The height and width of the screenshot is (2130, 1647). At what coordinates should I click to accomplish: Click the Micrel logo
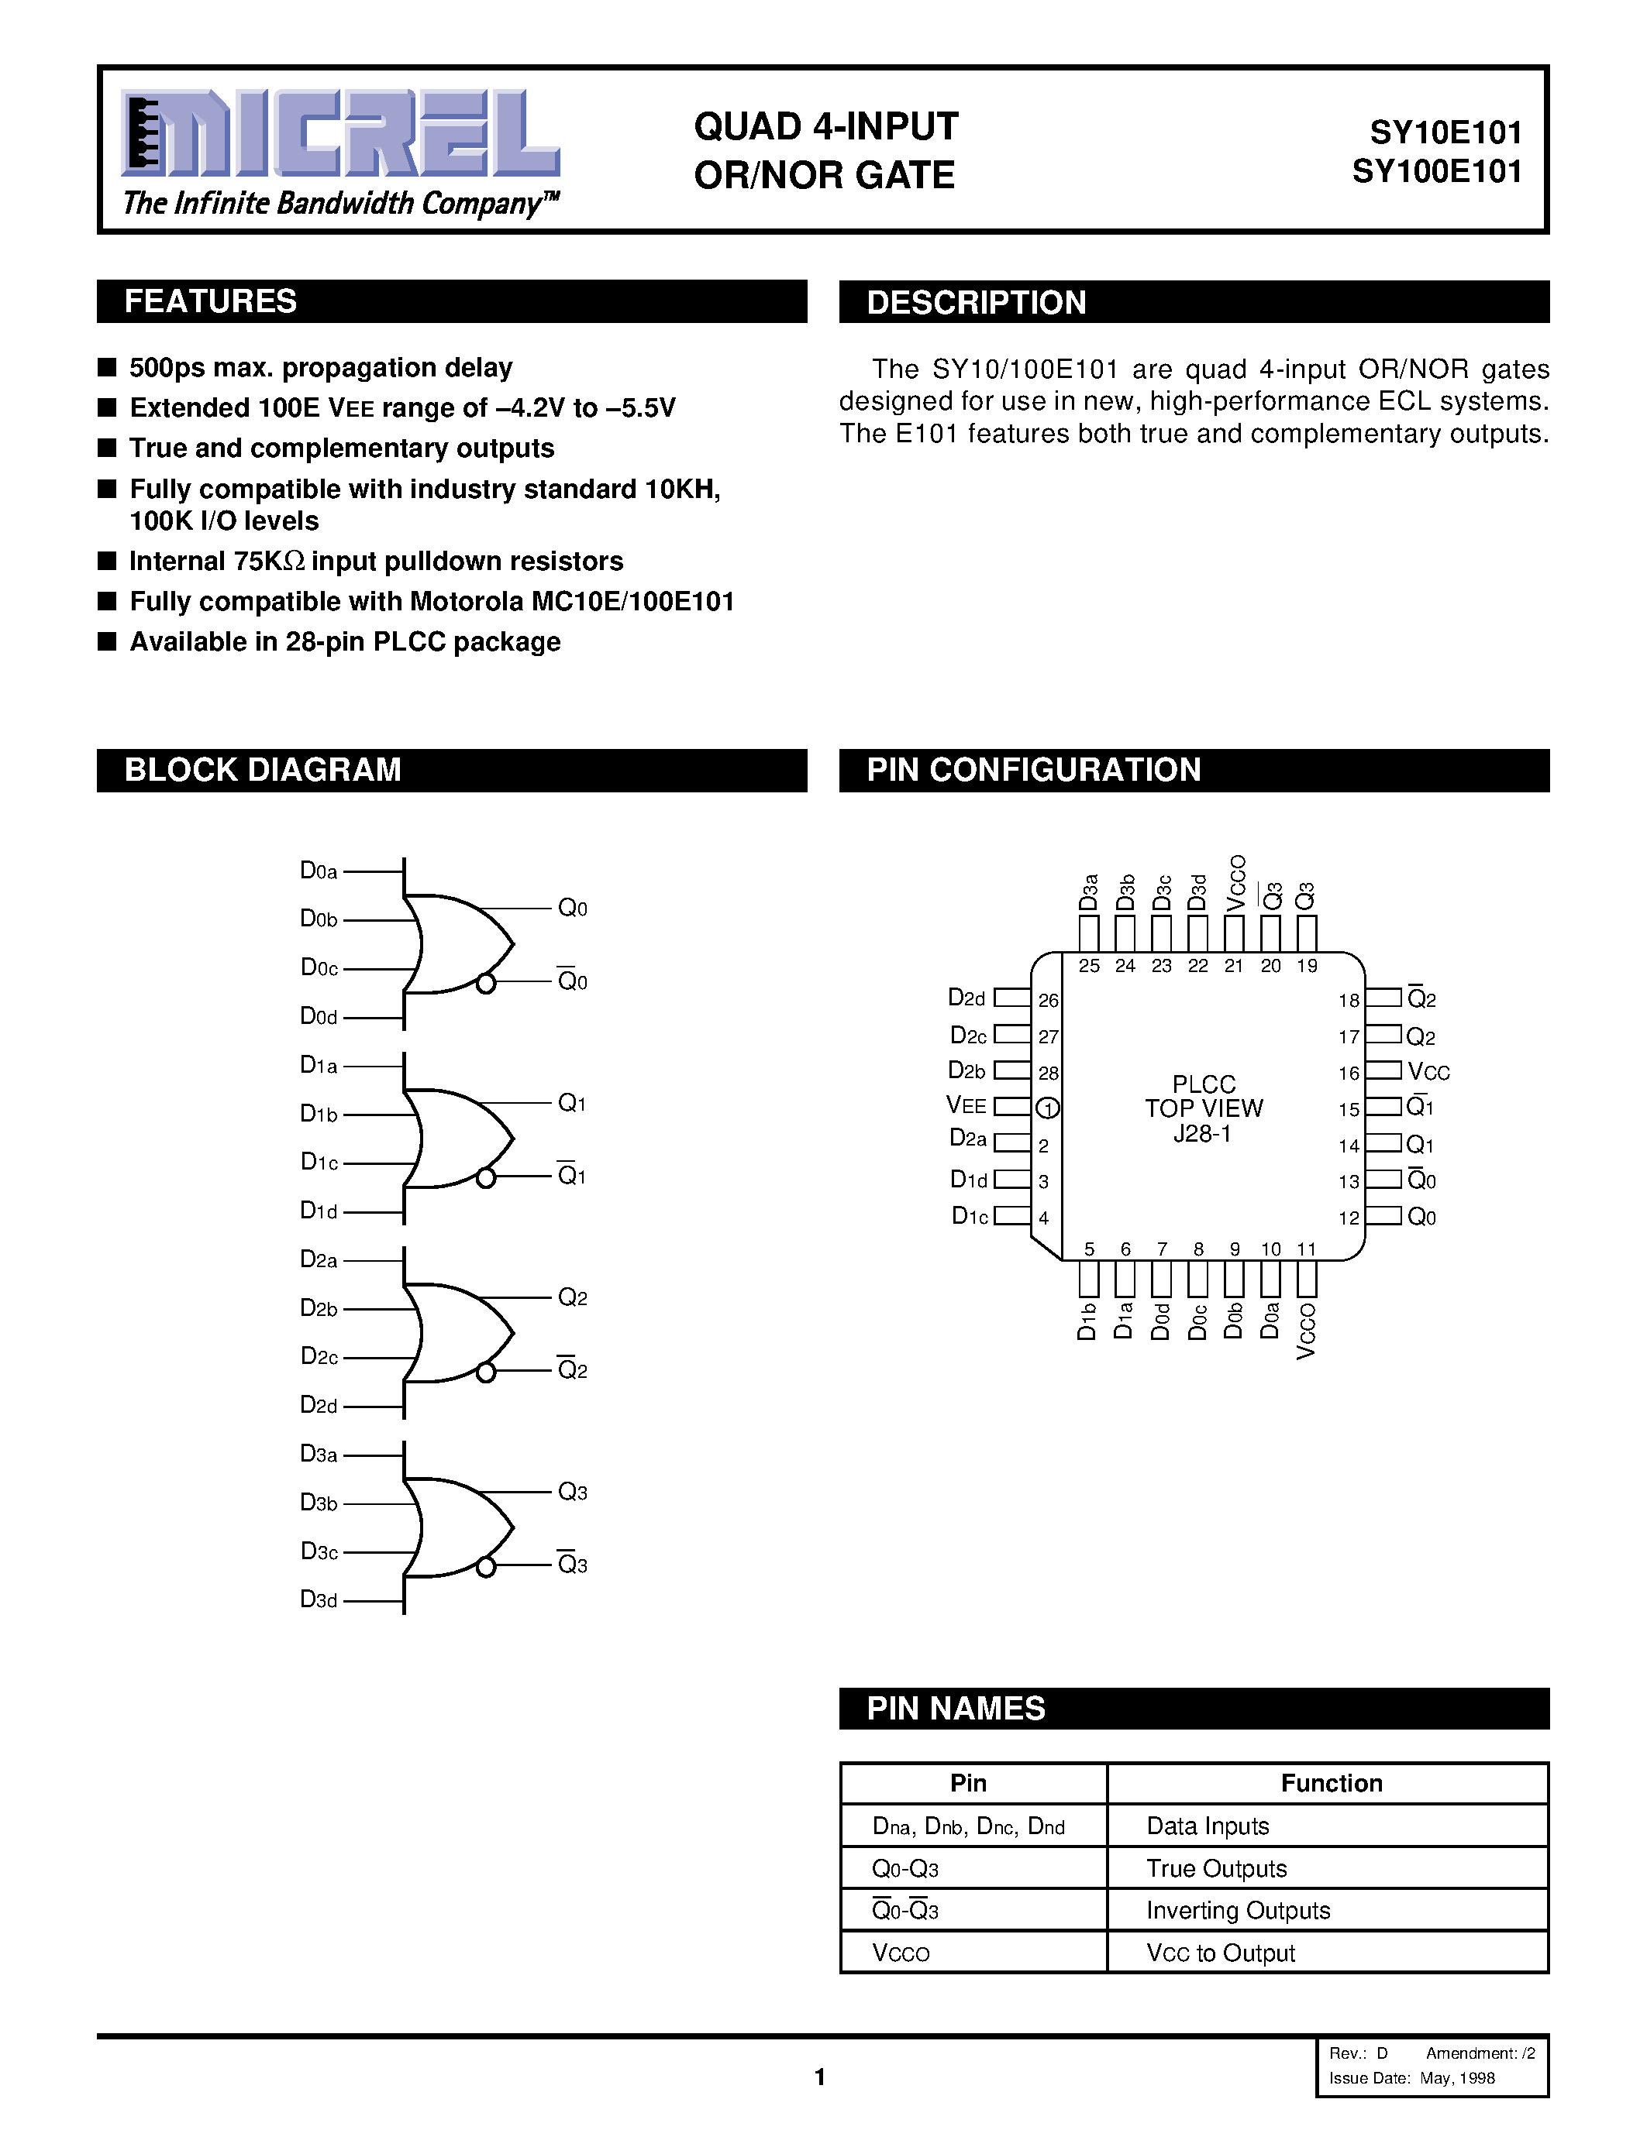339,134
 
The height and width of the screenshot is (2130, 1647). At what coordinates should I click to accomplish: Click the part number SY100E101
1436,173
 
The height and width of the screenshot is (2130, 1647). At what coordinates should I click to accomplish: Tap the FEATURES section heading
210,301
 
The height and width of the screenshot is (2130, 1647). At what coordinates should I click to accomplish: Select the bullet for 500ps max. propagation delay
107,368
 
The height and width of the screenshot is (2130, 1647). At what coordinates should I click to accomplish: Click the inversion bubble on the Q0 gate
485,983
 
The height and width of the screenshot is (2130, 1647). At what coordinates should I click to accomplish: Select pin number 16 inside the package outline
1349,1073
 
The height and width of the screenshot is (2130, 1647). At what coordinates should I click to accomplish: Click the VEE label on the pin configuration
966,1106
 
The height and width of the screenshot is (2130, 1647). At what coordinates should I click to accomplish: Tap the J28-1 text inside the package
1202,1134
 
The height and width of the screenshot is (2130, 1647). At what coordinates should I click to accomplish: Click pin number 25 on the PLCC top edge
1089,966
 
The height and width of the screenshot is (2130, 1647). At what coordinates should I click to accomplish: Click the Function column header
1331,1783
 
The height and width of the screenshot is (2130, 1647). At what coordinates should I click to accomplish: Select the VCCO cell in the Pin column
901,1953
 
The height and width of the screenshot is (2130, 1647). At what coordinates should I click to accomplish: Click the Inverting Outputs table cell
1237,1909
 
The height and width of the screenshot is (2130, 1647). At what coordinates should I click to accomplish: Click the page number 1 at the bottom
819,2077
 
